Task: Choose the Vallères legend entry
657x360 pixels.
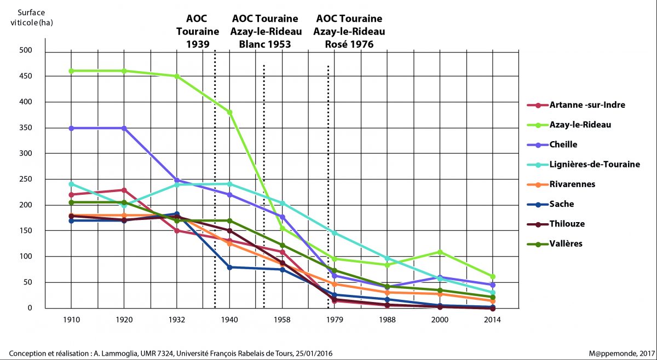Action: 567,243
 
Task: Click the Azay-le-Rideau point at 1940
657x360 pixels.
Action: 230,112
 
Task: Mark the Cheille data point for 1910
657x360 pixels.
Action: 71,128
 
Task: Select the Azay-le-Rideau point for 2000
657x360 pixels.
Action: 440,252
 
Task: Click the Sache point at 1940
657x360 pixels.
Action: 230,267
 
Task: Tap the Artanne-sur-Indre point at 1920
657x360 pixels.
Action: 124,190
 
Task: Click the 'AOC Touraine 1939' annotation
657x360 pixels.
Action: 198,31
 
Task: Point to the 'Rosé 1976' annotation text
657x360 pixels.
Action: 349,44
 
